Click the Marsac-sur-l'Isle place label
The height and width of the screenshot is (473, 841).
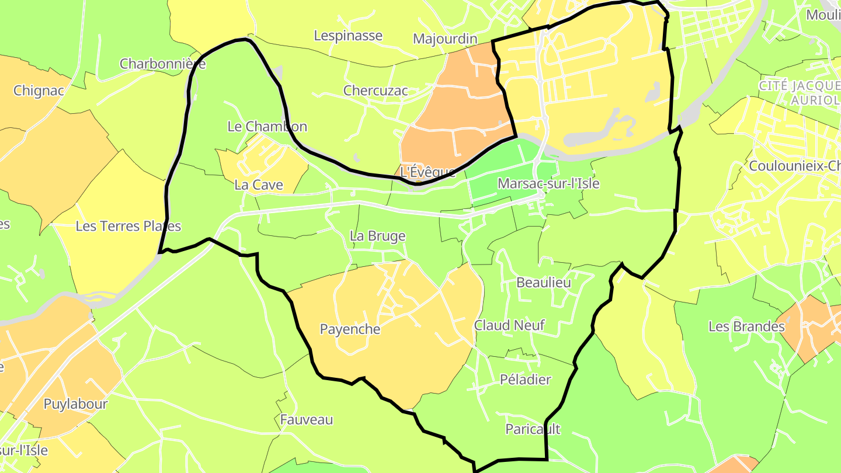[548, 183]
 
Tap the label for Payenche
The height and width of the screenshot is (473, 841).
[350, 329]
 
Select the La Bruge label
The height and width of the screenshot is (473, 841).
[377, 236]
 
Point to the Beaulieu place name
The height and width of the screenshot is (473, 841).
[543, 282]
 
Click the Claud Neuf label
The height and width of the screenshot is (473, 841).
[509, 325]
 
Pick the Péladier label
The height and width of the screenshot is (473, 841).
[525, 380]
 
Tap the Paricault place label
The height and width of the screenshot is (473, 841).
[532, 429]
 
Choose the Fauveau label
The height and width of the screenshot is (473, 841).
[306, 419]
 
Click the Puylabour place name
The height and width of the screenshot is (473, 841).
[76, 404]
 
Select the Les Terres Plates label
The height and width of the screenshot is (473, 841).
[128, 226]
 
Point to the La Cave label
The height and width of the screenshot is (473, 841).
[258, 185]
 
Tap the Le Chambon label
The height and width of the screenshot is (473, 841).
[267, 126]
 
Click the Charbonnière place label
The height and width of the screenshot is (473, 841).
[162, 64]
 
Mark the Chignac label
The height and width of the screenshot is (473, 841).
[39, 91]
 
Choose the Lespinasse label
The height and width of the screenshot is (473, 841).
[348, 36]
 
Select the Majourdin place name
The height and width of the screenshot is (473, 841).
[444, 39]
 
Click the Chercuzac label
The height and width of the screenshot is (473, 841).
[376, 91]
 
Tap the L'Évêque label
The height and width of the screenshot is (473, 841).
[428, 172]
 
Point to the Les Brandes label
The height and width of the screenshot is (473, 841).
[746, 326]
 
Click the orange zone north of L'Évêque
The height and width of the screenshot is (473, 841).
[461, 117]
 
